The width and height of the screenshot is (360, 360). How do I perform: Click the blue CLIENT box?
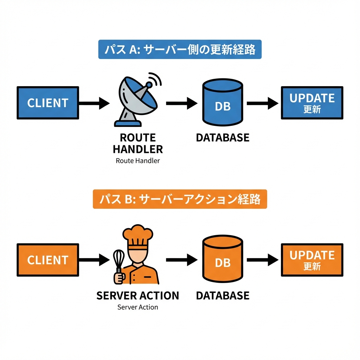48,103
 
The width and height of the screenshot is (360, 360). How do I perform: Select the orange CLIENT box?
48,260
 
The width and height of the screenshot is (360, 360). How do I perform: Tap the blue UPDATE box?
312,103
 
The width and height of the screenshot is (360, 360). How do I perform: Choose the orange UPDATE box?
312,260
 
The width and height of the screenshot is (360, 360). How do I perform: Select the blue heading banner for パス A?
180,50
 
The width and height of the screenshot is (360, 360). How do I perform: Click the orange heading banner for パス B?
180,199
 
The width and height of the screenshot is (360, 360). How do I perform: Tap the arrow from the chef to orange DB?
181,260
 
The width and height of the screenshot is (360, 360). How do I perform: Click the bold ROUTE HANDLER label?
138,143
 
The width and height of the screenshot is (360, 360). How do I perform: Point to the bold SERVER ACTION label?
138,295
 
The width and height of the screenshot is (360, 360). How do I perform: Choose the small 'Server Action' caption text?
138,307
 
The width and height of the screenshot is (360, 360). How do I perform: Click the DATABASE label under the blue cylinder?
223,137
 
